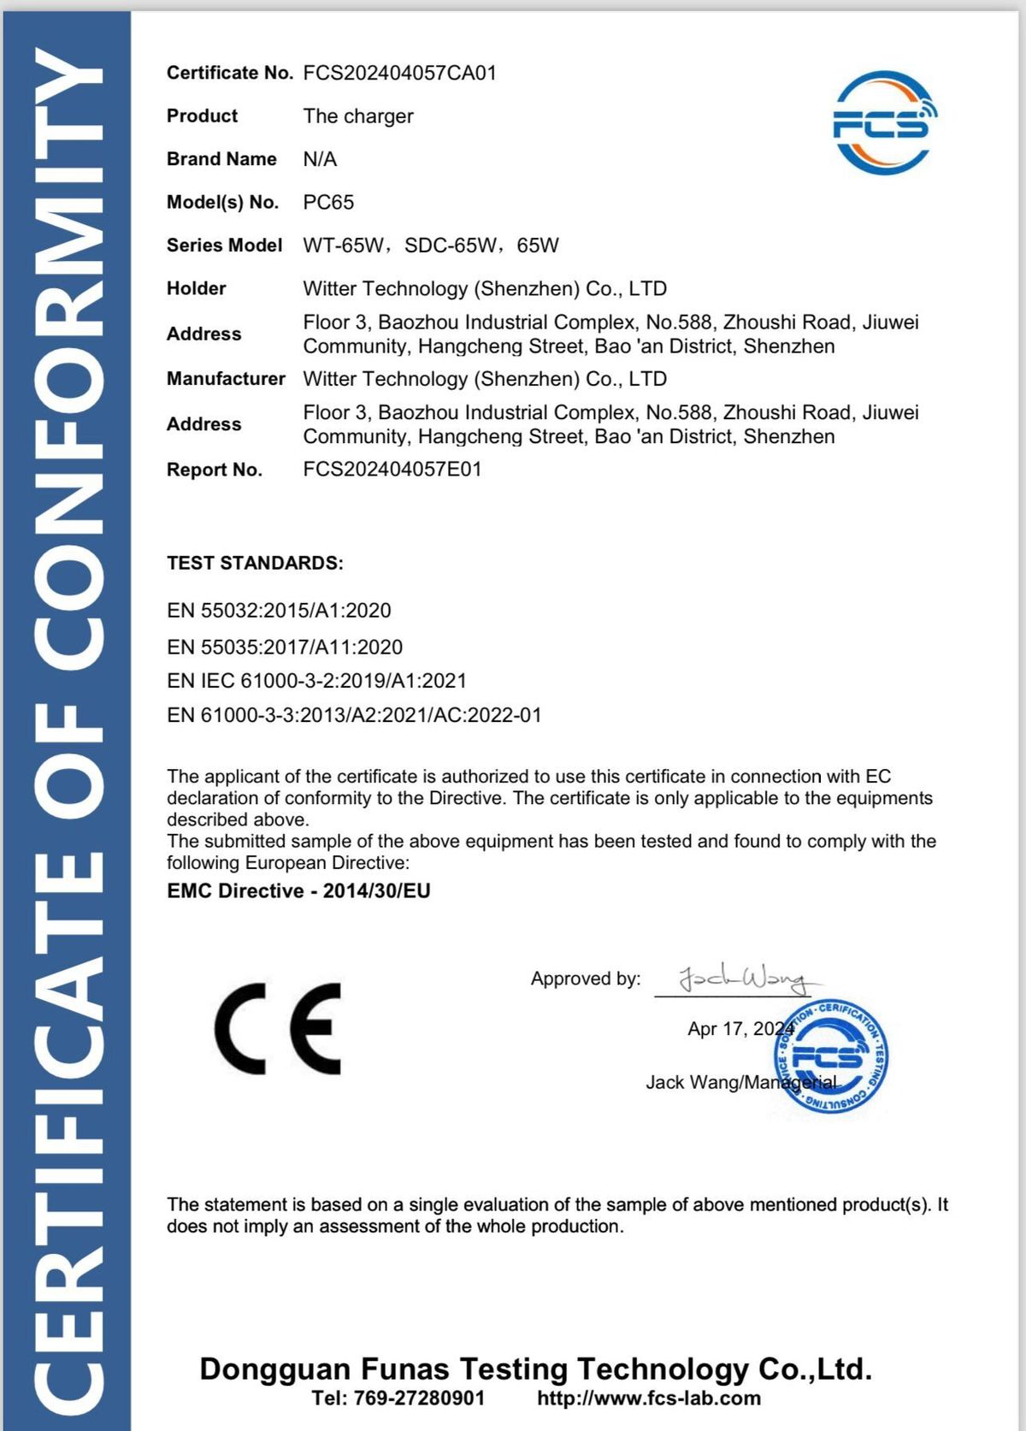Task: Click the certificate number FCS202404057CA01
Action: point(399,73)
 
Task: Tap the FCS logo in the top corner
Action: point(884,123)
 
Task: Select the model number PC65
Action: point(328,203)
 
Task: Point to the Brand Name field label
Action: point(221,159)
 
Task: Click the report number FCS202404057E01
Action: point(392,470)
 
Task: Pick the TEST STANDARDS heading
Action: point(255,563)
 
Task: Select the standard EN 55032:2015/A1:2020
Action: point(279,611)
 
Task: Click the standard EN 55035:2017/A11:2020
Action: point(285,647)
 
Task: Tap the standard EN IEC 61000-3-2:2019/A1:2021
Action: point(317,681)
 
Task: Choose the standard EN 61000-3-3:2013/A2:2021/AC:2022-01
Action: point(354,715)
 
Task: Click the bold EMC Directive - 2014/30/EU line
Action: point(298,891)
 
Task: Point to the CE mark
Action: point(278,1028)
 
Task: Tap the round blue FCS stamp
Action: point(830,1057)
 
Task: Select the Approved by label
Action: point(586,979)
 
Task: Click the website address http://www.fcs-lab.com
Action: point(649,1398)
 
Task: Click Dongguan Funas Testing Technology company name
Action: point(536,1369)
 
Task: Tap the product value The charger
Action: point(358,116)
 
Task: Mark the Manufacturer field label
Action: point(226,379)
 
